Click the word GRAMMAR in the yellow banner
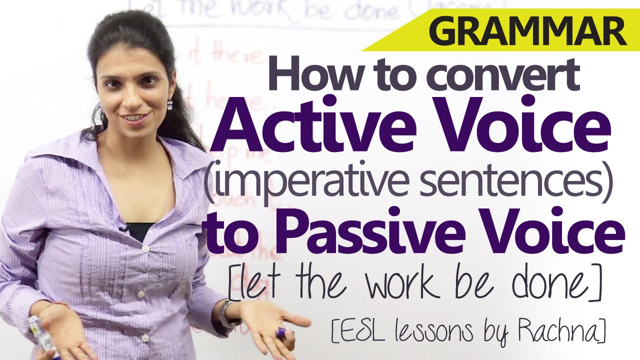coord(527,32)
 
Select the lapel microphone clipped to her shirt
coord(123,229)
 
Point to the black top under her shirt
coord(140,230)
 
